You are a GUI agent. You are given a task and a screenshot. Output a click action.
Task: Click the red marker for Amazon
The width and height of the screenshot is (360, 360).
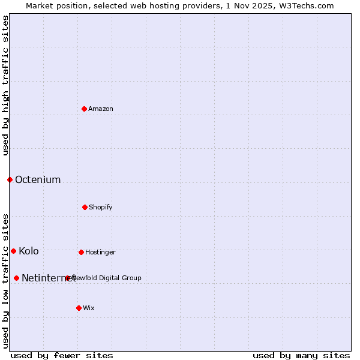[84, 109]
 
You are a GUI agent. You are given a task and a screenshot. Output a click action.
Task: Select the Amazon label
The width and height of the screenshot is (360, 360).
[101, 109]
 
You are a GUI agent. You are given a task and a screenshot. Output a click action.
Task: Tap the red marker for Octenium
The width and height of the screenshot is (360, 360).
[10, 179]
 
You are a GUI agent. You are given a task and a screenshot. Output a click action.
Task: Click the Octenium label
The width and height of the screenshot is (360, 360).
[38, 179]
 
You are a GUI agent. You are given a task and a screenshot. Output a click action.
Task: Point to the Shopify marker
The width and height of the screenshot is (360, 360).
[85, 207]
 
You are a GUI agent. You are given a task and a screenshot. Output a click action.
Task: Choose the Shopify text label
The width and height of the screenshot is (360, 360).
[101, 207]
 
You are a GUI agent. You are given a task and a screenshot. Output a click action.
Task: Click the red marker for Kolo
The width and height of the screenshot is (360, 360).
[13, 251]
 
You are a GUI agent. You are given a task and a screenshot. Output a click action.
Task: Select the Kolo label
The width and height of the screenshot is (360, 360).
[29, 251]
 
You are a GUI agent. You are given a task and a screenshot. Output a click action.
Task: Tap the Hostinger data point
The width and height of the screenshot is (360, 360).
[81, 252]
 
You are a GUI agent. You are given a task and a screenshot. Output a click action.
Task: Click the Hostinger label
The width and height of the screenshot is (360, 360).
[100, 252]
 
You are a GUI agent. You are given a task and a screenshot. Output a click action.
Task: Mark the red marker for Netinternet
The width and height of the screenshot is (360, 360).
[16, 278]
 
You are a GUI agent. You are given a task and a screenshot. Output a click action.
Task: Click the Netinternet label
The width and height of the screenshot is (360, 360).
[48, 278]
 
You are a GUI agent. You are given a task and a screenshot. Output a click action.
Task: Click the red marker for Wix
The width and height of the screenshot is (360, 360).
[79, 308]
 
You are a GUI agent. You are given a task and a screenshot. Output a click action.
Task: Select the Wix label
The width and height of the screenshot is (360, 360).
[89, 308]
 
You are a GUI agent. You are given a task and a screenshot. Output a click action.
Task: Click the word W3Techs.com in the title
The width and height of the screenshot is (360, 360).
[305, 5]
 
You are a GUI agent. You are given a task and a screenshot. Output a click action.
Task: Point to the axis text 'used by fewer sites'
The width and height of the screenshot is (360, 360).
[62, 355]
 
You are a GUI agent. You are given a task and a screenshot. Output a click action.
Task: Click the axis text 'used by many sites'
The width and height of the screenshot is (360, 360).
[301, 355]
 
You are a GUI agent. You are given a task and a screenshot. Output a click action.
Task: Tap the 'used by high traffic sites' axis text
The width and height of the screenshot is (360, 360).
[5, 85]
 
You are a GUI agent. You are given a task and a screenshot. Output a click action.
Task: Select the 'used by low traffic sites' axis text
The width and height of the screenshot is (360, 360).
[5, 281]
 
